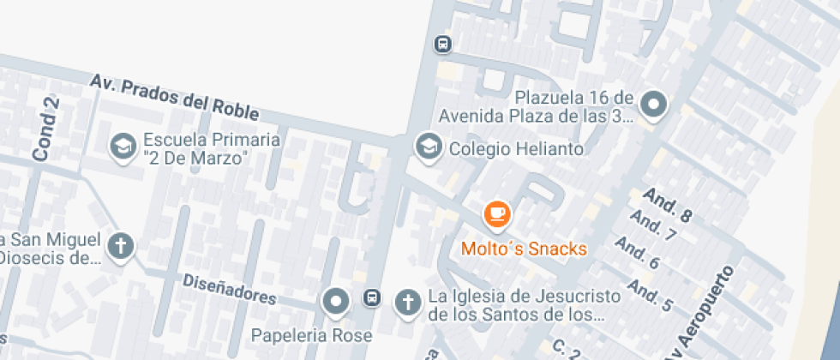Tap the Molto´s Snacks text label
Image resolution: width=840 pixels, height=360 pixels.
click(524, 249)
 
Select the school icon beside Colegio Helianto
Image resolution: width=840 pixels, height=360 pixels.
click(426, 147)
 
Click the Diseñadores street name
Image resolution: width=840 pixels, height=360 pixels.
click(229, 290)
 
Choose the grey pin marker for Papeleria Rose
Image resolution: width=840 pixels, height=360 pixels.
click(335, 301)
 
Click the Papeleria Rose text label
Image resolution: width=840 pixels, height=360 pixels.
click(312, 334)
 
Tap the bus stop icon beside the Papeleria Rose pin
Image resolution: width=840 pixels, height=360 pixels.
click(372, 297)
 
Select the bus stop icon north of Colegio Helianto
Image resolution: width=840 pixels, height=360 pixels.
click(442, 43)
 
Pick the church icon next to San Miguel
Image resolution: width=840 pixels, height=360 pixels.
click(122, 247)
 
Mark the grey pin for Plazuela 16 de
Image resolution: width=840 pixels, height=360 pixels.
click(655, 105)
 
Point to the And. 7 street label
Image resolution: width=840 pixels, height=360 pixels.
click(653, 226)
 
